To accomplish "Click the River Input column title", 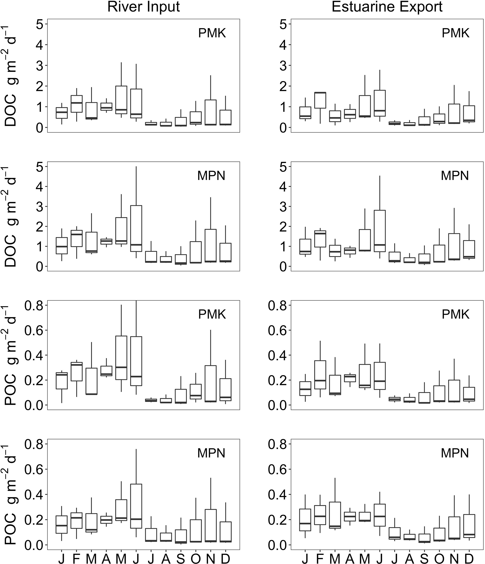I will pyautogui.click(x=144, y=7).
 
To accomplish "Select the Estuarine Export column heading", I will pyautogui.click(x=387, y=7).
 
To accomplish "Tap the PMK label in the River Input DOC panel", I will pyautogui.click(x=212, y=33).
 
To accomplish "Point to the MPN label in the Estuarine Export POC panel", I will pyautogui.click(x=455, y=453).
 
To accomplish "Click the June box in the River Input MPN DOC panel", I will pyautogui.click(x=136, y=229).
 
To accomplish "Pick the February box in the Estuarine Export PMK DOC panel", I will pyautogui.click(x=320, y=100).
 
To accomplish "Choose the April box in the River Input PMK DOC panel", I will pyautogui.click(x=106, y=106).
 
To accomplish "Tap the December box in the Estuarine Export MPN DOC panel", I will pyautogui.click(x=469, y=249).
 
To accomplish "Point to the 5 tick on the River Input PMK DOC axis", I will pyautogui.click(x=39, y=24).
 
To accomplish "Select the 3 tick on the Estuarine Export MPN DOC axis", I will pyautogui.click(x=283, y=207).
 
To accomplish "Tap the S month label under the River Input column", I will pyautogui.click(x=180, y=559).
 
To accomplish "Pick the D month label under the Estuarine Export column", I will pyautogui.click(x=469, y=559).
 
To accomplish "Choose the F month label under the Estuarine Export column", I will pyautogui.click(x=320, y=559).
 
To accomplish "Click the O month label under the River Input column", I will pyautogui.click(x=195, y=559).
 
